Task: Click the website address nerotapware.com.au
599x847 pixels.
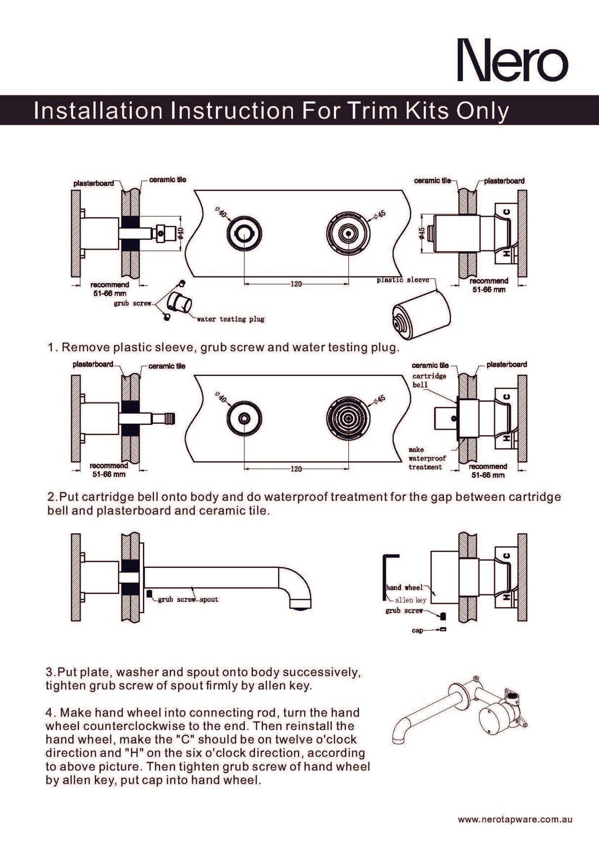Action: (x=515, y=819)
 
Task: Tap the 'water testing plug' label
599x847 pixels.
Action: (x=230, y=319)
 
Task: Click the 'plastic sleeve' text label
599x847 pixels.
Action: (x=403, y=280)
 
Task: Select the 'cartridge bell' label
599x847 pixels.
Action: (x=429, y=380)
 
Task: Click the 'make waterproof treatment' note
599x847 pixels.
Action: (x=426, y=458)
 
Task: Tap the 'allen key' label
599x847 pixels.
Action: (x=411, y=600)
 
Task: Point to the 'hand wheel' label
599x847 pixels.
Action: (x=404, y=588)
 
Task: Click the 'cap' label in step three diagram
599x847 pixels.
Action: (x=417, y=630)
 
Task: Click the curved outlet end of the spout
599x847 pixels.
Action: (x=300, y=599)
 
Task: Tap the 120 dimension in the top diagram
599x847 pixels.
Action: (x=296, y=284)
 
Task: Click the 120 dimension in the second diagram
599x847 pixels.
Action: (x=296, y=469)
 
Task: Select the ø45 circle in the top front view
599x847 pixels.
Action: (x=348, y=233)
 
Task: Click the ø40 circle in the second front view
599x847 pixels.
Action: (x=244, y=418)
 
